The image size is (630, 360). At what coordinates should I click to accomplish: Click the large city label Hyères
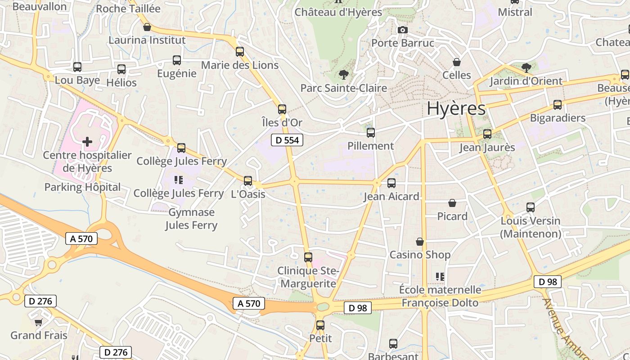coord(456,108)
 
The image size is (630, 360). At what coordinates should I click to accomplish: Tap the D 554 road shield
coord(287,140)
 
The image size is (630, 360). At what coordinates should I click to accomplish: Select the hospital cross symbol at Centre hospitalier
coord(87,142)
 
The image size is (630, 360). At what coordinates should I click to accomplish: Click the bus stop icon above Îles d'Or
coord(282,109)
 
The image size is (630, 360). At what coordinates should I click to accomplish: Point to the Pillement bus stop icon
coord(370,133)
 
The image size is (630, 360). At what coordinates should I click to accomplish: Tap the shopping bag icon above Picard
coord(452,203)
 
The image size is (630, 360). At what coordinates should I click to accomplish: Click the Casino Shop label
coord(419,255)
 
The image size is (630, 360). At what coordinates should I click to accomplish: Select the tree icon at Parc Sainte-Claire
coord(344,74)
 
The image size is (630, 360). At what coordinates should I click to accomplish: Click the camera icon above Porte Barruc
coord(402,30)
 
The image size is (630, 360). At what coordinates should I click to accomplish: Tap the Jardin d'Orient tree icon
coord(526,68)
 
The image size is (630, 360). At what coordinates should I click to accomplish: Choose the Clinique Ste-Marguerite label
coord(308,277)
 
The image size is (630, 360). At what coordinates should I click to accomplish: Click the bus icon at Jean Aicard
coord(391,183)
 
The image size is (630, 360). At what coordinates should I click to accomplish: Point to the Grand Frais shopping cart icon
coord(38,322)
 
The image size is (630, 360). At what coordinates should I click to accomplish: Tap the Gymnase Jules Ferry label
coord(191,219)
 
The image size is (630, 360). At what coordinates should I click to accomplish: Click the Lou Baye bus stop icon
coord(77,67)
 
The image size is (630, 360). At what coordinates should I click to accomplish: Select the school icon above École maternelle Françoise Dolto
coord(440,276)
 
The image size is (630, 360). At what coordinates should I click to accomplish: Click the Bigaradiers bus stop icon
coord(558,105)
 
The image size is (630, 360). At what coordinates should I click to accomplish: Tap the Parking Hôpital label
coord(82,187)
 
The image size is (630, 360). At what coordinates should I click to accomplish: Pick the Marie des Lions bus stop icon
coord(240,52)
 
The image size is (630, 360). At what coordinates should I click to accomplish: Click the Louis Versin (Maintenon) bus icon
coord(531,207)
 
